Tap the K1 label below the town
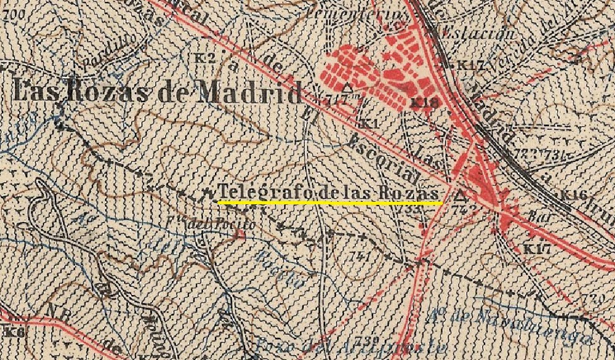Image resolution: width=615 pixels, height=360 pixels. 370,124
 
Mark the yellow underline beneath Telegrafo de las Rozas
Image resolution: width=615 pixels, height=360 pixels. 329,203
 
